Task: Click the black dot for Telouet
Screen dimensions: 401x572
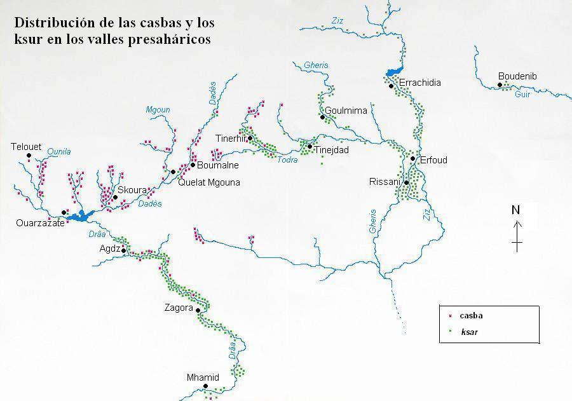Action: [29, 155]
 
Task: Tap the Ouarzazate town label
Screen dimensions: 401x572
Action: [40, 223]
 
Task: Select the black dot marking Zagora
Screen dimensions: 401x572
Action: [198, 310]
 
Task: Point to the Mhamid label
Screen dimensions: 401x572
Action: [203, 377]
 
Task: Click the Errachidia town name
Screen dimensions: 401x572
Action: [419, 83]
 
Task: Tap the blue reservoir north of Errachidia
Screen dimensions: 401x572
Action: [394, 72]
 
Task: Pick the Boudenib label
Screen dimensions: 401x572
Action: [517, 76]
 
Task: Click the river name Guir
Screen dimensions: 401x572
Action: [522, 94]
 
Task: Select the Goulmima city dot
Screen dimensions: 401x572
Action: [323, 117]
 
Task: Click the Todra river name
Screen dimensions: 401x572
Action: [287, 160]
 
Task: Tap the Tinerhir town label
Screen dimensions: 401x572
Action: [231, 139]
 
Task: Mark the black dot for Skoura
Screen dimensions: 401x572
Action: [115, 197]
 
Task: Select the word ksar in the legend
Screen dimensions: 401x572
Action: [470, 331]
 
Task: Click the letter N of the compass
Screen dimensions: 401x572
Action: [516, 210]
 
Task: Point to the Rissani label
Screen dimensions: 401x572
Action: [385, 182]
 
